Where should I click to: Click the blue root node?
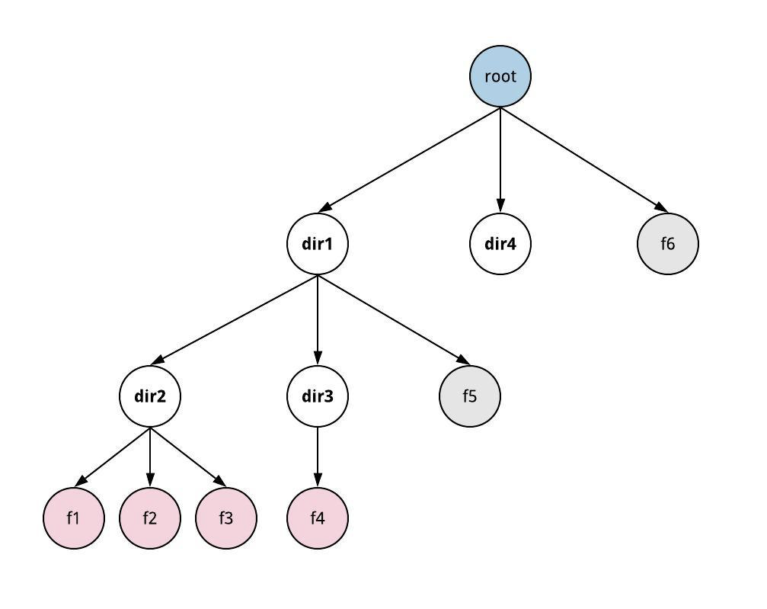(x=500, y=76)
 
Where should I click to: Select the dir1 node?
(x=318, y=244)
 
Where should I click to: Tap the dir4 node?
(x=500, y=244)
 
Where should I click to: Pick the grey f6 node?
(x=667, y=244)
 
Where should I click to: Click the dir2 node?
(x=150, y=396)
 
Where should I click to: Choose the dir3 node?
(x=318, y=396)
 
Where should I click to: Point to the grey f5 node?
(x=470, y=396)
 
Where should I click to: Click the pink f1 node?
(x=74, y=518)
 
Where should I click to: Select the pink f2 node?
(x=150, y=518)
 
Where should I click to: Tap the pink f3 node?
(x=226, y=518)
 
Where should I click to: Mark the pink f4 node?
(x=318, y=518)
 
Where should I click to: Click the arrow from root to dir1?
(x=410, y=159)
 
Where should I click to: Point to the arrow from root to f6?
(x=584, y=159)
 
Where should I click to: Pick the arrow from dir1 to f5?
(x=393, y=319)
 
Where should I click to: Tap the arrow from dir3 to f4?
(x=318, y=457)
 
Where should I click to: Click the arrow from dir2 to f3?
(x=188, y=457)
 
